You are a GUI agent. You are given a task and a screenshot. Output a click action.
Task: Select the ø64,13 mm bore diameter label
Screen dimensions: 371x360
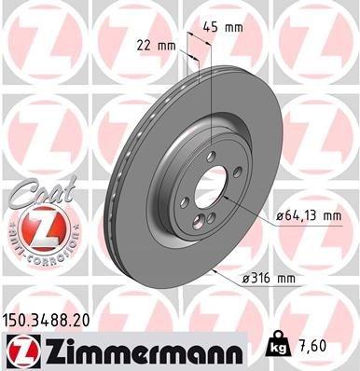pos(308,215)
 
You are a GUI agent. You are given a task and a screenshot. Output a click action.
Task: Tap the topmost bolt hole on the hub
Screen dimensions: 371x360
pos(212,158)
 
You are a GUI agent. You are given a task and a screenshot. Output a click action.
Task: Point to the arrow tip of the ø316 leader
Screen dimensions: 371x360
pos(215,270)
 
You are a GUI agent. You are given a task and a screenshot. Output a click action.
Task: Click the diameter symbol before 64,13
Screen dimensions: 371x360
pos(280,216)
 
